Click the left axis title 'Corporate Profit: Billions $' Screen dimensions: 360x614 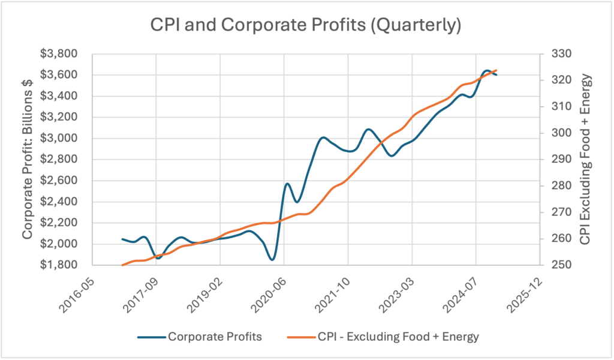pos(28,159)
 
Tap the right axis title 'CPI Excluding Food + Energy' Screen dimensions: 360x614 pos(586,159)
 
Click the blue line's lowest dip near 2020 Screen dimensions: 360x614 pos(272,260)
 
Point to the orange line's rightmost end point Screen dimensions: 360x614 pos(496,70)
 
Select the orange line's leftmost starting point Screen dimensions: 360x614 pos(122,265)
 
